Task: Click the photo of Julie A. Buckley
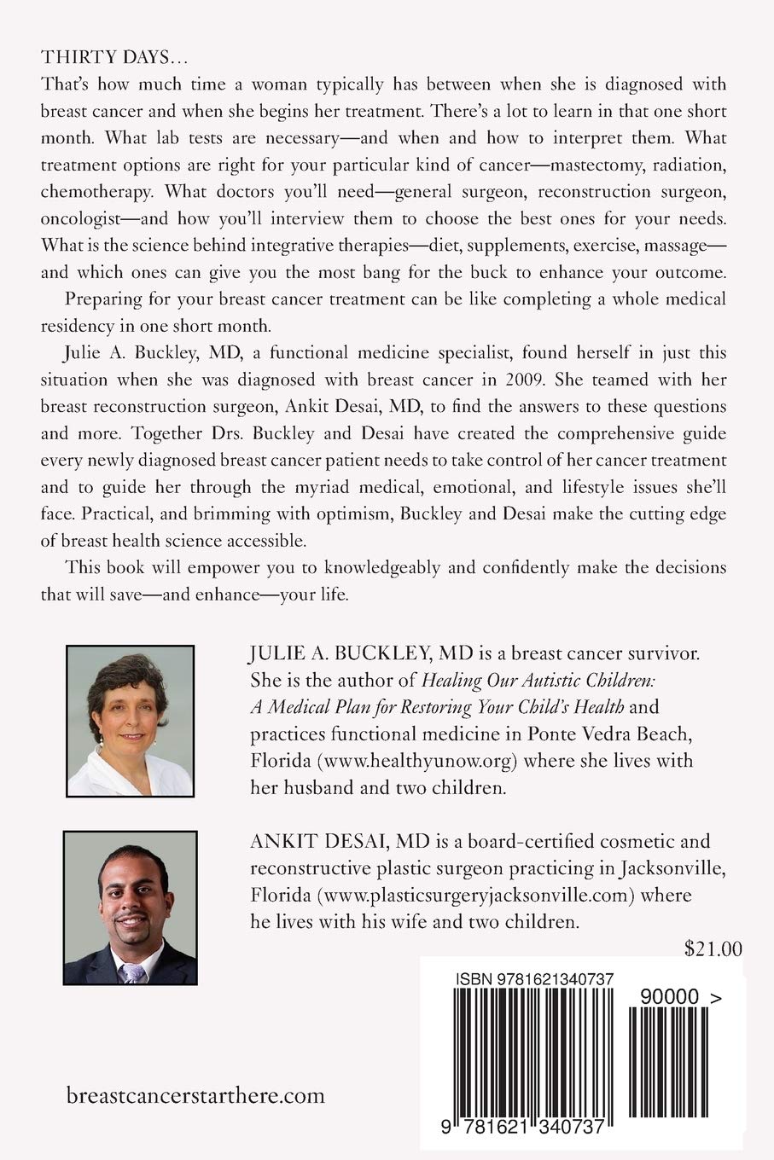pyautogui.click(x=131, y=721)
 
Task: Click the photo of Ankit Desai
pyautogui.click(x=131, y=908)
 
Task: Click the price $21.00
pyautogui.click(x=713, y=948)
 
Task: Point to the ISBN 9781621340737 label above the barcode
pyautogui.click(x=534, y=979)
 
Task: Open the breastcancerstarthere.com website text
pyautogui.click(x=195, y=1095)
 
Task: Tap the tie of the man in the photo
pyautogui.click(x=132, y=972)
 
